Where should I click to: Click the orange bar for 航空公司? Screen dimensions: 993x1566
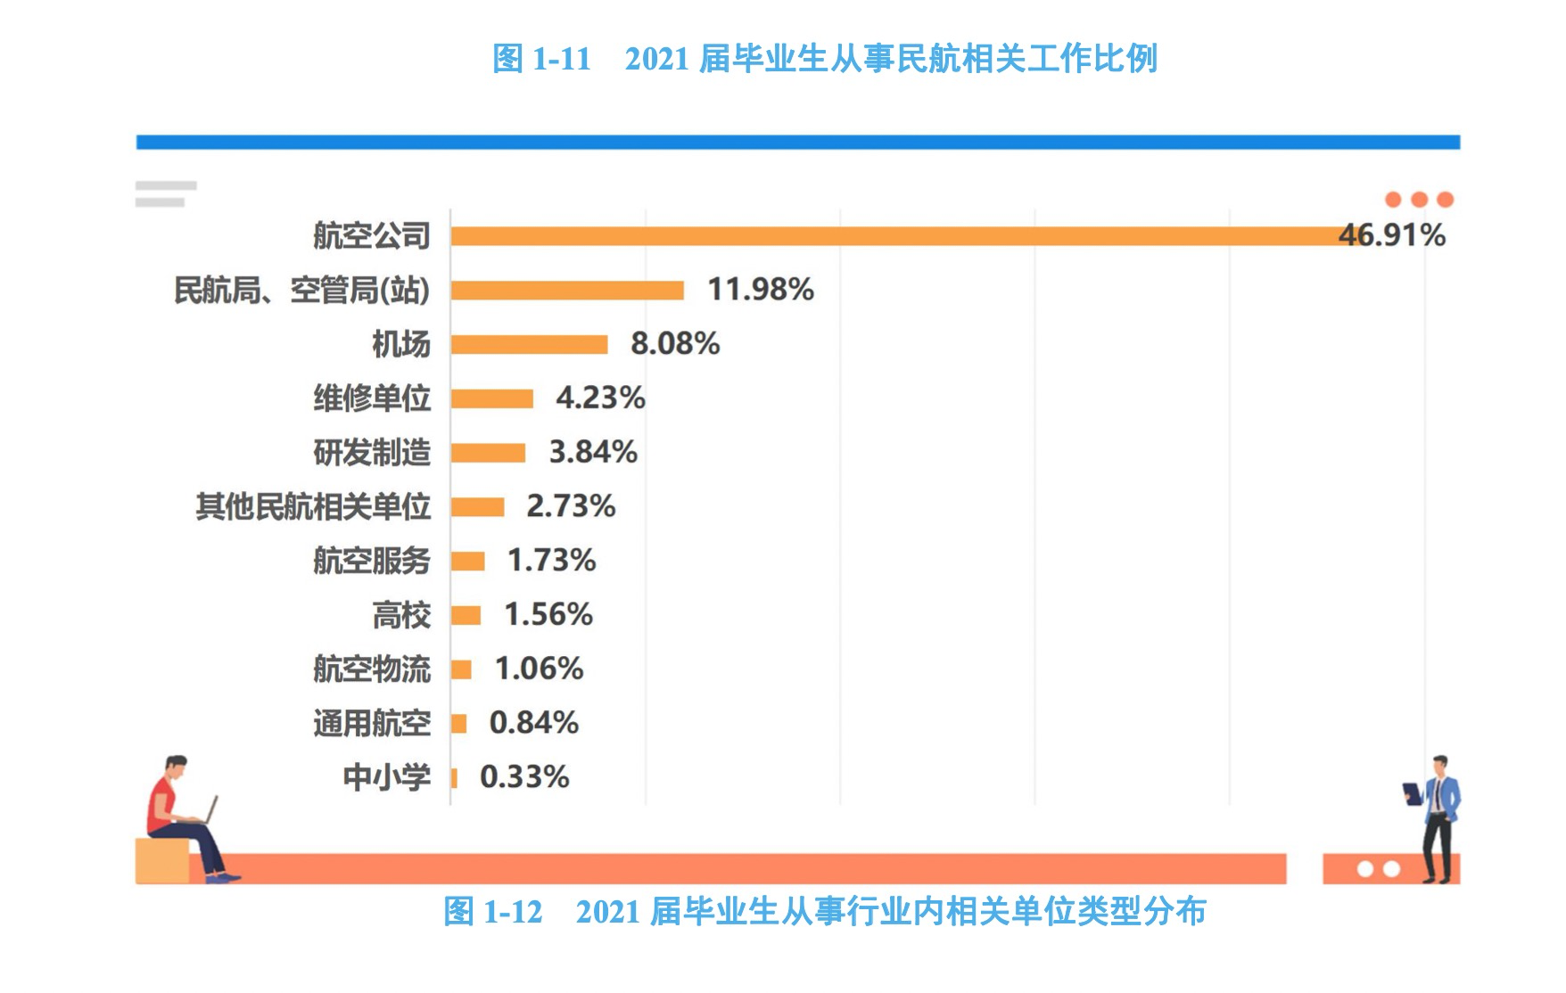892,236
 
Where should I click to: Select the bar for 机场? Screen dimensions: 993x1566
529,344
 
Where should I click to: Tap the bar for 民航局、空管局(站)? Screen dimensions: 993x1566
567,291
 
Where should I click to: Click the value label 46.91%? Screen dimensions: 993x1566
1391,235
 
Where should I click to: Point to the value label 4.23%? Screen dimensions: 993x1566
600,398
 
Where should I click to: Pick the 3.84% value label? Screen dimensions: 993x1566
593,452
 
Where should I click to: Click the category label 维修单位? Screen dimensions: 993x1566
372,398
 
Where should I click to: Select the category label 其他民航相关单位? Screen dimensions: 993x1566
313,507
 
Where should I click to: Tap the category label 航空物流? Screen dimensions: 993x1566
372,669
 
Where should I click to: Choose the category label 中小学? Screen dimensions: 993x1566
386,777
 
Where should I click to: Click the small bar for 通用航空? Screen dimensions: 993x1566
458,724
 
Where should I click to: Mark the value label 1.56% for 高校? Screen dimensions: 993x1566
548,615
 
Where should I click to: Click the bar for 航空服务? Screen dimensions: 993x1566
467,562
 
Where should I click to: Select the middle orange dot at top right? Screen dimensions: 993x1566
1419,200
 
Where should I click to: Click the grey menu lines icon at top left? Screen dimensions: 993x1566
165,193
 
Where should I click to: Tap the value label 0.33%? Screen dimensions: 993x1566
524,777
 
